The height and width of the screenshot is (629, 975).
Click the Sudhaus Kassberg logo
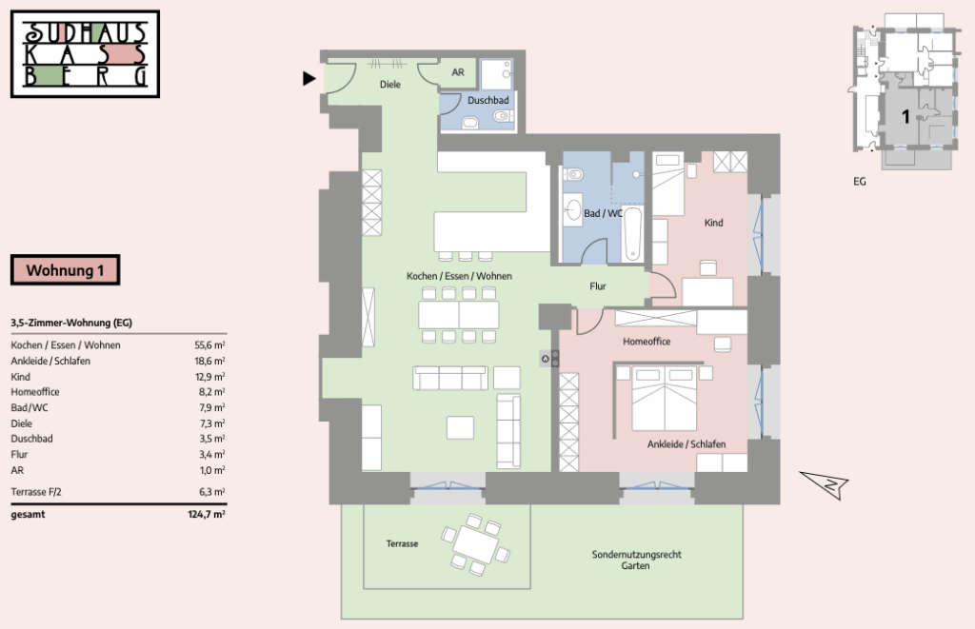(x=85, y=54)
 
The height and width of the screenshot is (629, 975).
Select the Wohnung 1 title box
(x=66, y=270)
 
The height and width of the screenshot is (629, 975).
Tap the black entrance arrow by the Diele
(x=309, y=78)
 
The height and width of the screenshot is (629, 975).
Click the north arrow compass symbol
(x=825, y=483)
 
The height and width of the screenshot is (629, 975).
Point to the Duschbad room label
(x=488, y=100)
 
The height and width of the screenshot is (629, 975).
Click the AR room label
(x=458, y=72)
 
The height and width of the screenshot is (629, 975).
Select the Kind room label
(x=714, y=223)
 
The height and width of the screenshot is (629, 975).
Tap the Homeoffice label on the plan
(x=647, y=342)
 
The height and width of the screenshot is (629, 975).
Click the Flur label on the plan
(x=598, y=285)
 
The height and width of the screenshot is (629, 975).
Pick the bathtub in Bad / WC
(x=632, y=234)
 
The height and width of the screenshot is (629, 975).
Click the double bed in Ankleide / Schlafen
(x=664, y=399)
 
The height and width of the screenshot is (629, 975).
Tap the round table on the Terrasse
(x=476, y=544)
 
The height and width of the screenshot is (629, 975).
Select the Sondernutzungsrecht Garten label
(x=636, y=560)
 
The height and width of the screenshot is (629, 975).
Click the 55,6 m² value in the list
(x=210, y=345)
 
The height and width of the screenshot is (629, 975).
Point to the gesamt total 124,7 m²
(x=207, y=515)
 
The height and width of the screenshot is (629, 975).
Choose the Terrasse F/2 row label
(x=36, y=492)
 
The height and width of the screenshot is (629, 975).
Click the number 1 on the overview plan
(x=905, y=116)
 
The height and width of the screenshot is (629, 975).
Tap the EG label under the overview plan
(x=860, y=182)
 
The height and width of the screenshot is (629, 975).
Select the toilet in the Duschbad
(x=502, y=115)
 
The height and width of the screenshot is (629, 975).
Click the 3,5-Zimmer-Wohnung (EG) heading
(x=71, y=323)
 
